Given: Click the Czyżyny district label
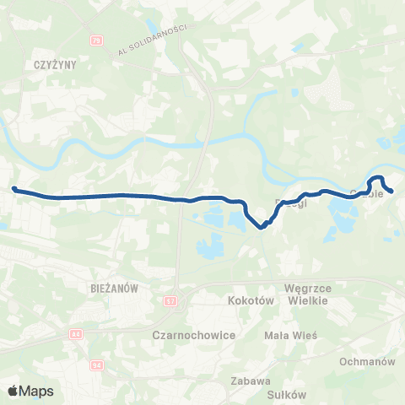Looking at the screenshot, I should [39, 64].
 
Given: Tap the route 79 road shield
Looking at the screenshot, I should [96, 40].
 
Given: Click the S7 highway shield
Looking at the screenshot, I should [172, 301].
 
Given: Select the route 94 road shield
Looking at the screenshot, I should [96, 364].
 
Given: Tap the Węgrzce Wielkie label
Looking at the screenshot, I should [312, 294].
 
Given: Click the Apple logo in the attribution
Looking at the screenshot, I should [14, 391].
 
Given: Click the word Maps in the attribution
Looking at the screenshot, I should [37, 391].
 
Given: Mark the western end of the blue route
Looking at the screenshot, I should [14, 189].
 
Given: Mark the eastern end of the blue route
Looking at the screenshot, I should [391, 192].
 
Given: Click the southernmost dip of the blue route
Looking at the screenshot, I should [262, 226].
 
